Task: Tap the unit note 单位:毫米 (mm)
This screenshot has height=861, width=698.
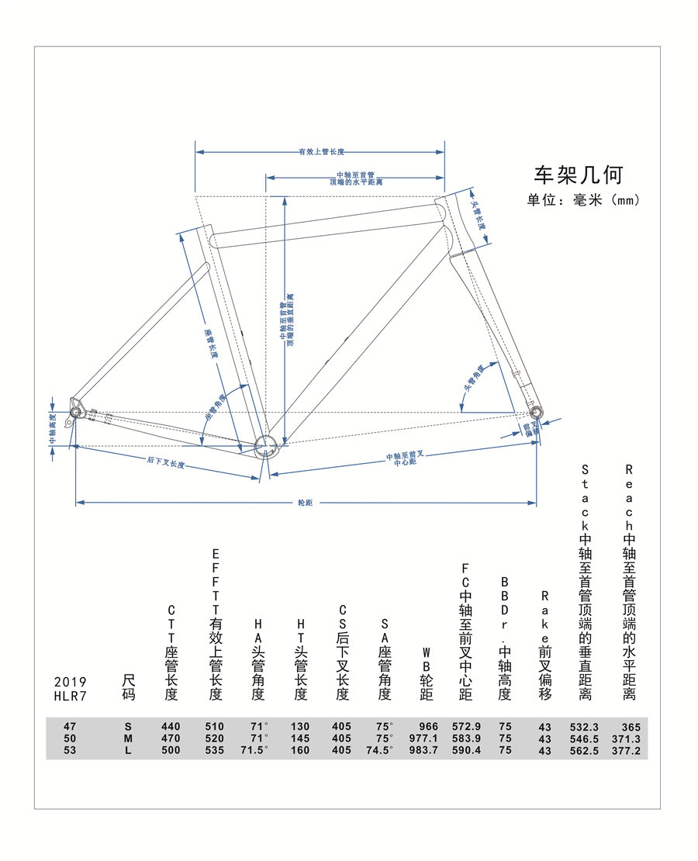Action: tap(583, 199)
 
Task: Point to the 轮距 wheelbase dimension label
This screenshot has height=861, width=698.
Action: tap(305, 503)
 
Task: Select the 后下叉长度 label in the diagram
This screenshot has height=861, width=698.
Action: tap(165, 463)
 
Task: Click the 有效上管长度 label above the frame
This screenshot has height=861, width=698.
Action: tap(321, 152)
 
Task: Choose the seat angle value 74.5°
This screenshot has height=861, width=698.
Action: tap(379, 750)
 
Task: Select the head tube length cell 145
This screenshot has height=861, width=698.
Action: tap(299, 738)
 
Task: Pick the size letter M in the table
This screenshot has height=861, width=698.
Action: tap(128, 738)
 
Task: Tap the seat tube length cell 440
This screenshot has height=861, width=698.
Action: tap(171, 727)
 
